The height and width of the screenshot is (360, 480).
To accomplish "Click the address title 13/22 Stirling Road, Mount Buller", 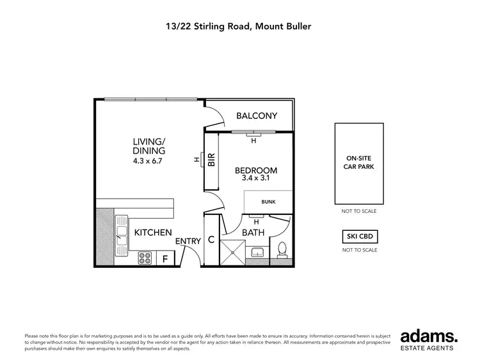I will (x=240, y=27).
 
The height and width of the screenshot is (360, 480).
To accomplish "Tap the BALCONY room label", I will (x=256, y=116).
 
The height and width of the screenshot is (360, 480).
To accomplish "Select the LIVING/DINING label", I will (x=149, y=146).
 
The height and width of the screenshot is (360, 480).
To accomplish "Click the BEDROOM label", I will (x=256, y=170).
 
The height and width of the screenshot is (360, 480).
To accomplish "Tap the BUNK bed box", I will (x=268, y=201).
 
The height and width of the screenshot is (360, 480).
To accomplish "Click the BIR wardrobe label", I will (x=211, y=159).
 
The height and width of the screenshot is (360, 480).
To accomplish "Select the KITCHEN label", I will (x=152, y=232).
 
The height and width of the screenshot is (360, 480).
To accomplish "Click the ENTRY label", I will (x=188, y=240).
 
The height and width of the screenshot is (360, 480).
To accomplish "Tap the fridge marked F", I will (x=165, y=258).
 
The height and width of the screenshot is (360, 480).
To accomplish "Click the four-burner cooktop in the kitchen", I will (x=145, y=258).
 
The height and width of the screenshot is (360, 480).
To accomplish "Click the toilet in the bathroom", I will (x=282, y=251).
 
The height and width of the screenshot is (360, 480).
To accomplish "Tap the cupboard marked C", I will (x=211, y=240).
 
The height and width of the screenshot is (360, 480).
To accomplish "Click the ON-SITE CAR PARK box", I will (x=360, y=162).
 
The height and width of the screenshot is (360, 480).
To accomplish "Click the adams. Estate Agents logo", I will (x=429, y=339).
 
